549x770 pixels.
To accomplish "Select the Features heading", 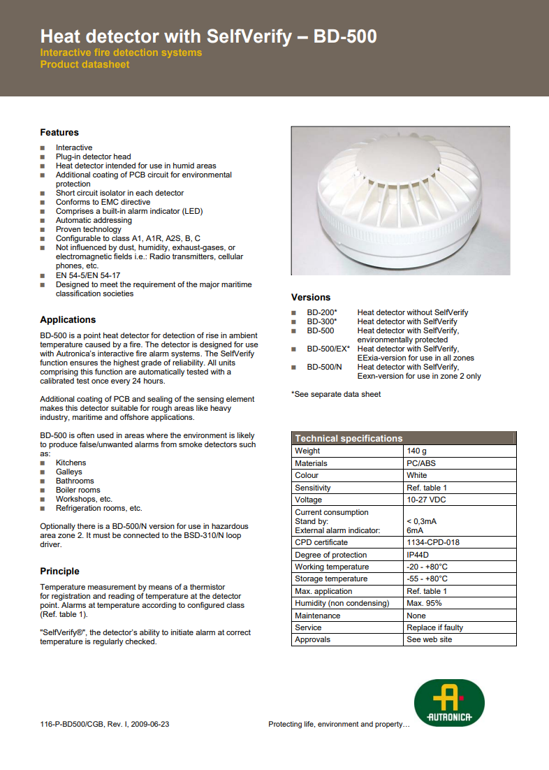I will [59, 133].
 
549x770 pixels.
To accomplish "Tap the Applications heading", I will [68, 320].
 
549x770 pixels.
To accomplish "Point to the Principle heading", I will [59, 572].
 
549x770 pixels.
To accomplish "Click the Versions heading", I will [311, 298].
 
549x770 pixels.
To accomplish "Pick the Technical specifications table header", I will [349, 439].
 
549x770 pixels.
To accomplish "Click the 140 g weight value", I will [417, 451].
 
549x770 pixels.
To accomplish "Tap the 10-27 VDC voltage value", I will [426, 500].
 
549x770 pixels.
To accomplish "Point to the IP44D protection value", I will [420, 555].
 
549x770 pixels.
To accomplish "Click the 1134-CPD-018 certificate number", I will [433, 542].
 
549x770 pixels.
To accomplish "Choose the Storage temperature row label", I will [331, 579].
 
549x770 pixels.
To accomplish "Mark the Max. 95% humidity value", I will [424, 603].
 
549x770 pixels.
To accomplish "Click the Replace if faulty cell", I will [434, 627].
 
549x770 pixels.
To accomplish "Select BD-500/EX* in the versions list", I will [328, 349].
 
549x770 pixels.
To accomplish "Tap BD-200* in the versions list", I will [322, 312].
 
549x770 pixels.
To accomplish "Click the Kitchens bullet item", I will [71, 463].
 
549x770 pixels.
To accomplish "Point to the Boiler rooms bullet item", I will [78, 490].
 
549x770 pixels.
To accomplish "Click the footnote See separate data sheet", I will [336, 394].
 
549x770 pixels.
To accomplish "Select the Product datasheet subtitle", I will [85, 65].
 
